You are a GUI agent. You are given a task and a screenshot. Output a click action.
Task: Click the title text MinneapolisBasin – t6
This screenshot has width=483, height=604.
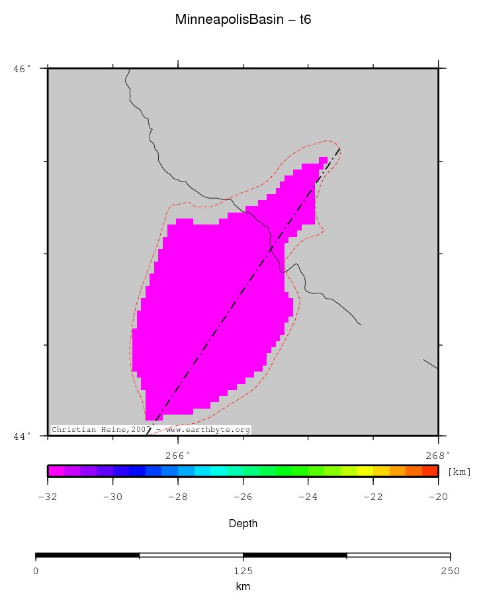(x=243, y=20)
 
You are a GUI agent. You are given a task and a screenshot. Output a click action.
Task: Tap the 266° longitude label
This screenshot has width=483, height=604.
(x=177, y=455)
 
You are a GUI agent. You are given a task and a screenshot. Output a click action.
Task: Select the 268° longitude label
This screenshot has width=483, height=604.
(x=437, y=455)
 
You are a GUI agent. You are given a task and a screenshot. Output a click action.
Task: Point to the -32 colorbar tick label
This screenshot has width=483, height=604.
(x=48, y=497)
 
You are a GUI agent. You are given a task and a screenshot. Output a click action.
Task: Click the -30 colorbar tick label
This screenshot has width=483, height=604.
(x=112, y=497)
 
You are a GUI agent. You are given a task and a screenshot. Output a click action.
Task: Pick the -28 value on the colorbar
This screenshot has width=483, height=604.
(x=177, y=497)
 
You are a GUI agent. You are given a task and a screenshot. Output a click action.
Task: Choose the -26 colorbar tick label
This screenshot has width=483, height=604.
(x=243, y=497)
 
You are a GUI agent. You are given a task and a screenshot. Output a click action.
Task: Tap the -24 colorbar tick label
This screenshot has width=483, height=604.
(x=308, y=497)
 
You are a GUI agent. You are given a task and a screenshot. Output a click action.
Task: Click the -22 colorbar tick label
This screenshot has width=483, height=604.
(x=373, y=497)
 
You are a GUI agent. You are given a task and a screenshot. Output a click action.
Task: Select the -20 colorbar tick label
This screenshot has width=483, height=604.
(x=437, y=497)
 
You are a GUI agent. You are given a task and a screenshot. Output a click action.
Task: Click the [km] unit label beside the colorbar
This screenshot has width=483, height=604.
(x=459, y=472)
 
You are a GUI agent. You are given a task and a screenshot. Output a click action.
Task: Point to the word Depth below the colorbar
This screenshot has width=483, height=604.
(x=243, y=524)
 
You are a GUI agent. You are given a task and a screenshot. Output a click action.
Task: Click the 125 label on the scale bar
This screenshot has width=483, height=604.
(x=243, y=571)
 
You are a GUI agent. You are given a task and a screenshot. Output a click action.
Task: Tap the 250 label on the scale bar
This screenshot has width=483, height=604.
(x=450, y=571)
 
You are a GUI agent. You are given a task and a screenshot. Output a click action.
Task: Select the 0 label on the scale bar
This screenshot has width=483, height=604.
(x=36, y=571)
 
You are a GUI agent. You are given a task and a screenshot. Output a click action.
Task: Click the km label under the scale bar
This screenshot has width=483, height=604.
(x=243, y=587)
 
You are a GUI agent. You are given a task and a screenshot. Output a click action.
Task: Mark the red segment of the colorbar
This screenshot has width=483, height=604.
(x=430, y=471)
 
